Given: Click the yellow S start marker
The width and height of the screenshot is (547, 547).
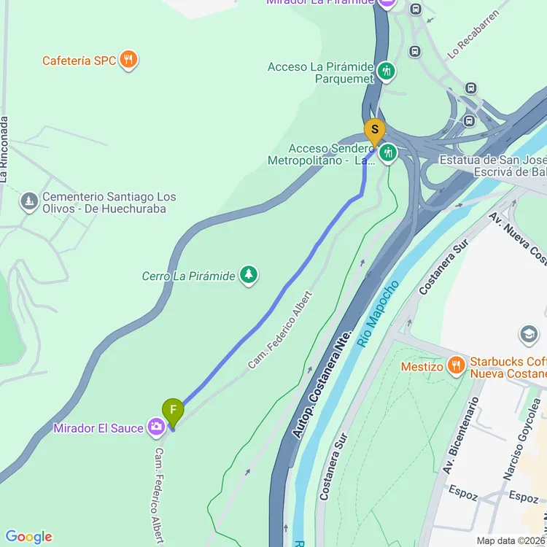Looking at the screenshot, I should click(x=374, y=131).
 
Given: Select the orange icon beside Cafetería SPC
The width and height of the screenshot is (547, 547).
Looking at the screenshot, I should click(x=129, y=60).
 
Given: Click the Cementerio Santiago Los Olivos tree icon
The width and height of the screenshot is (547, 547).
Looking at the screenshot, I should click(x=29, y=201).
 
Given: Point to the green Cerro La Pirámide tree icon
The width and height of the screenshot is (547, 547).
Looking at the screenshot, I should click(x=249, y=275).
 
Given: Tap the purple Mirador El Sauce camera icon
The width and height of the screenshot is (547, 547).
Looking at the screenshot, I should click(x=156, y=427).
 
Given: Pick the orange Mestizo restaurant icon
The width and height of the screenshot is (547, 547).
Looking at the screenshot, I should click(x=456, y=365).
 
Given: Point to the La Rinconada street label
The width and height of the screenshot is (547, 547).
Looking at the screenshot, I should click(x=6, y=149).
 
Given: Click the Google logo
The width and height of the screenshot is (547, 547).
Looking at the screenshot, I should click(x=28, y=537).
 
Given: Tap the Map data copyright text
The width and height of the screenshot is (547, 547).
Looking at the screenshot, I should click(x=511, y=540).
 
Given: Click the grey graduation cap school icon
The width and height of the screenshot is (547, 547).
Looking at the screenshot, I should click(x=527, y=335).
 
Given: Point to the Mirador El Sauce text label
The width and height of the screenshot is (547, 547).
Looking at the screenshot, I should click(x=98, y=428).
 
